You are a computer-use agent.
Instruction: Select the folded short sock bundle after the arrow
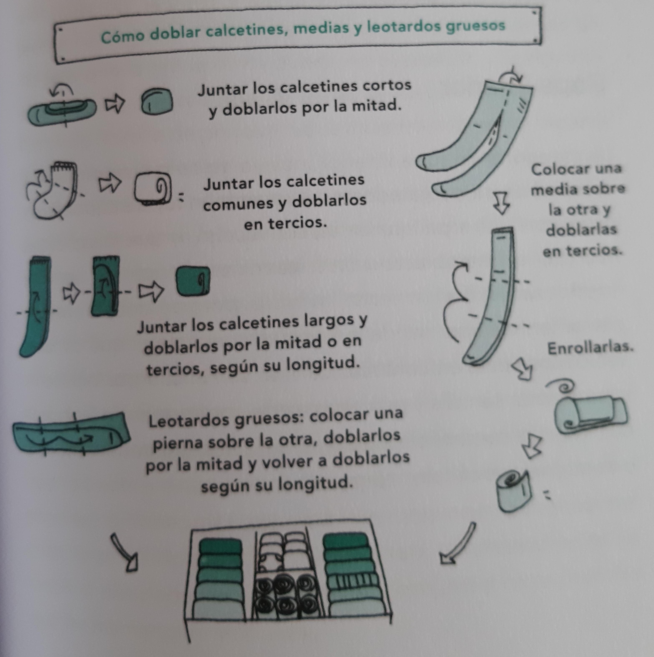[x=157, y=101]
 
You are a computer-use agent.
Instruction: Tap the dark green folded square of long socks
[x=193, y=281]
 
